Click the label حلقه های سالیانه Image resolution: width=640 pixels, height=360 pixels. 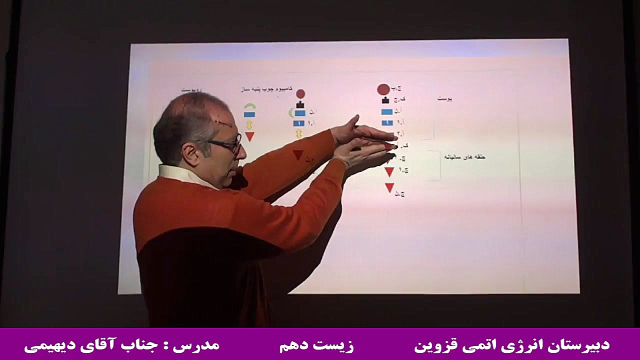pos(464,157)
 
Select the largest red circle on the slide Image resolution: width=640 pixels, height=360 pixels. pos(383,89)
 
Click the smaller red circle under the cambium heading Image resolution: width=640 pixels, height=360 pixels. pos(300,93)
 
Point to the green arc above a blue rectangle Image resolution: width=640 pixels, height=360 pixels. pos(249,106)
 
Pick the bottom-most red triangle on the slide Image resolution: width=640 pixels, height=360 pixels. pos(389,187)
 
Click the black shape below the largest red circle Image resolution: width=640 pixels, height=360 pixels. pos(385,100)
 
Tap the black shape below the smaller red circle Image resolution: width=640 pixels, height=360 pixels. pos(300,104)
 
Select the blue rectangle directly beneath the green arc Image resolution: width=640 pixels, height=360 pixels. pos(249,114)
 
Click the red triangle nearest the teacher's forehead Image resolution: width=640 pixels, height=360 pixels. pos(249,136)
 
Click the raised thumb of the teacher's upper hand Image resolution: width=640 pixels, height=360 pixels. pos(353,121)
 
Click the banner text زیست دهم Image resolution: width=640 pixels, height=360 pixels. pos(316,345)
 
